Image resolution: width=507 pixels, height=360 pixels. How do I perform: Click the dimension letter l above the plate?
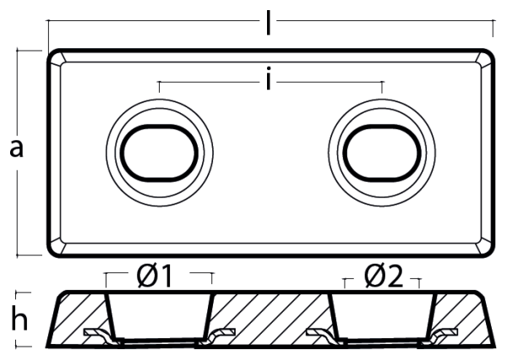pos(268,22)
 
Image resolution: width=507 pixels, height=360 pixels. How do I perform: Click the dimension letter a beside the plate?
pos(17,148)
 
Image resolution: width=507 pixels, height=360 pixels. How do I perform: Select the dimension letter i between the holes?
pos(268,78)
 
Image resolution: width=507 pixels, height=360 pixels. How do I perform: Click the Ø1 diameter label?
pos(154,276)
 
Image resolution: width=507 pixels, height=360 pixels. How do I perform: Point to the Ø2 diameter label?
pos(384,276)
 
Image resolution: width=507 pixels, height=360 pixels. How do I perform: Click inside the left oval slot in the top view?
pos(159,153)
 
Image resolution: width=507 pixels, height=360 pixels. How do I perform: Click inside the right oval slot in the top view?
pos(382,153)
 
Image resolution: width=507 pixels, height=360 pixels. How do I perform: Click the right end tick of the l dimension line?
pos(493,29)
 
